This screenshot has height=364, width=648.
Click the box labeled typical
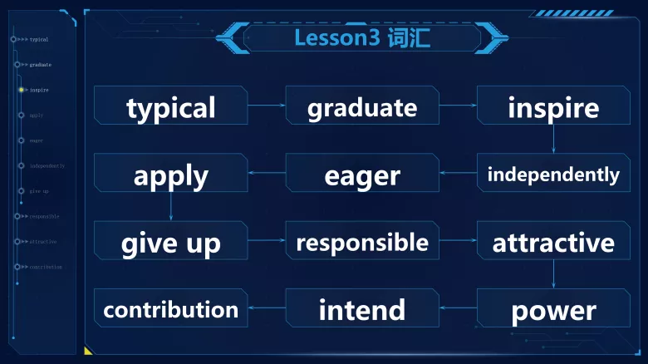170,106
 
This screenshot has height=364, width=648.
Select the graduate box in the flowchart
362,106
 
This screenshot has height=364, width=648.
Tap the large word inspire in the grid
553,106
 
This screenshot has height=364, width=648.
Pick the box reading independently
553,175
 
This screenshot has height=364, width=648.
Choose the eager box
362,175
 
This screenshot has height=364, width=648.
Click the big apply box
170,175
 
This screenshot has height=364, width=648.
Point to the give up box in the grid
170,242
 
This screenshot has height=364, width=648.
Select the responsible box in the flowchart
362,242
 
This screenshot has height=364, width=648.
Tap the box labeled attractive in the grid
553,242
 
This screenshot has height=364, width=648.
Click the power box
553,310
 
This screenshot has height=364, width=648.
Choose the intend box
362,310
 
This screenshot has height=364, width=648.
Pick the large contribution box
170,310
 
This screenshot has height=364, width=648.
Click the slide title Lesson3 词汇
362,37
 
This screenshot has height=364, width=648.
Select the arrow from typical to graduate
267,106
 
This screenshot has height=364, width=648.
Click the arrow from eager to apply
267,174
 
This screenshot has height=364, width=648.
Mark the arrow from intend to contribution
267,309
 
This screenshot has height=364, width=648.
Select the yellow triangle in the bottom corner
88,351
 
